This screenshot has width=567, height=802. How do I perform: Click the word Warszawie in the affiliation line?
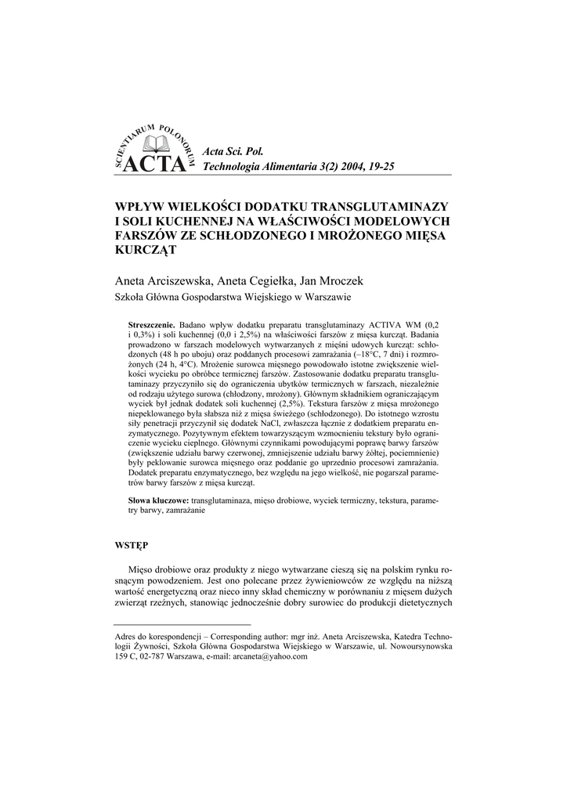pos(322,298)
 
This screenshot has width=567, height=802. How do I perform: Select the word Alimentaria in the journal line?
pos(292,167)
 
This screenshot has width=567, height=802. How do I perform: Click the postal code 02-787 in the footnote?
pos(153,658)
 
